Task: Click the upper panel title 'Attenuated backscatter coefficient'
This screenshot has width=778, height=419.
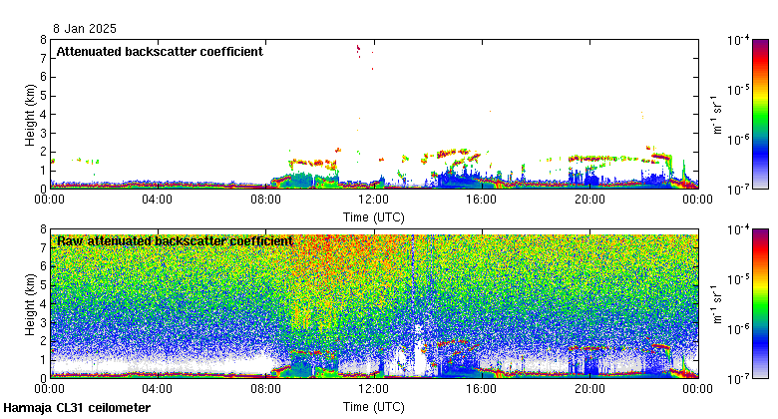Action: click(160, 51)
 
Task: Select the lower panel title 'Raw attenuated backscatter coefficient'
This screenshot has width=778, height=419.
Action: click(175, 240)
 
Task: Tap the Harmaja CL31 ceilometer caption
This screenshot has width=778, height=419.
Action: click(77, 408)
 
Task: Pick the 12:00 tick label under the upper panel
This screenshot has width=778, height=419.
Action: click(373, 200)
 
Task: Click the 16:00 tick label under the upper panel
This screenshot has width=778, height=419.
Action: click(481, 200)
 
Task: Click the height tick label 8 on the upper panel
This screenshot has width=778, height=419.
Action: click(43, 40)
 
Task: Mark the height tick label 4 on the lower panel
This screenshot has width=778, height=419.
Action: click(43, 303)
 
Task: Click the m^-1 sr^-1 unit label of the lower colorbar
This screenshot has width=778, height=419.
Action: click(715, 303)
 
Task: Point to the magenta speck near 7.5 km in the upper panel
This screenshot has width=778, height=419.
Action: click(358, 48)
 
